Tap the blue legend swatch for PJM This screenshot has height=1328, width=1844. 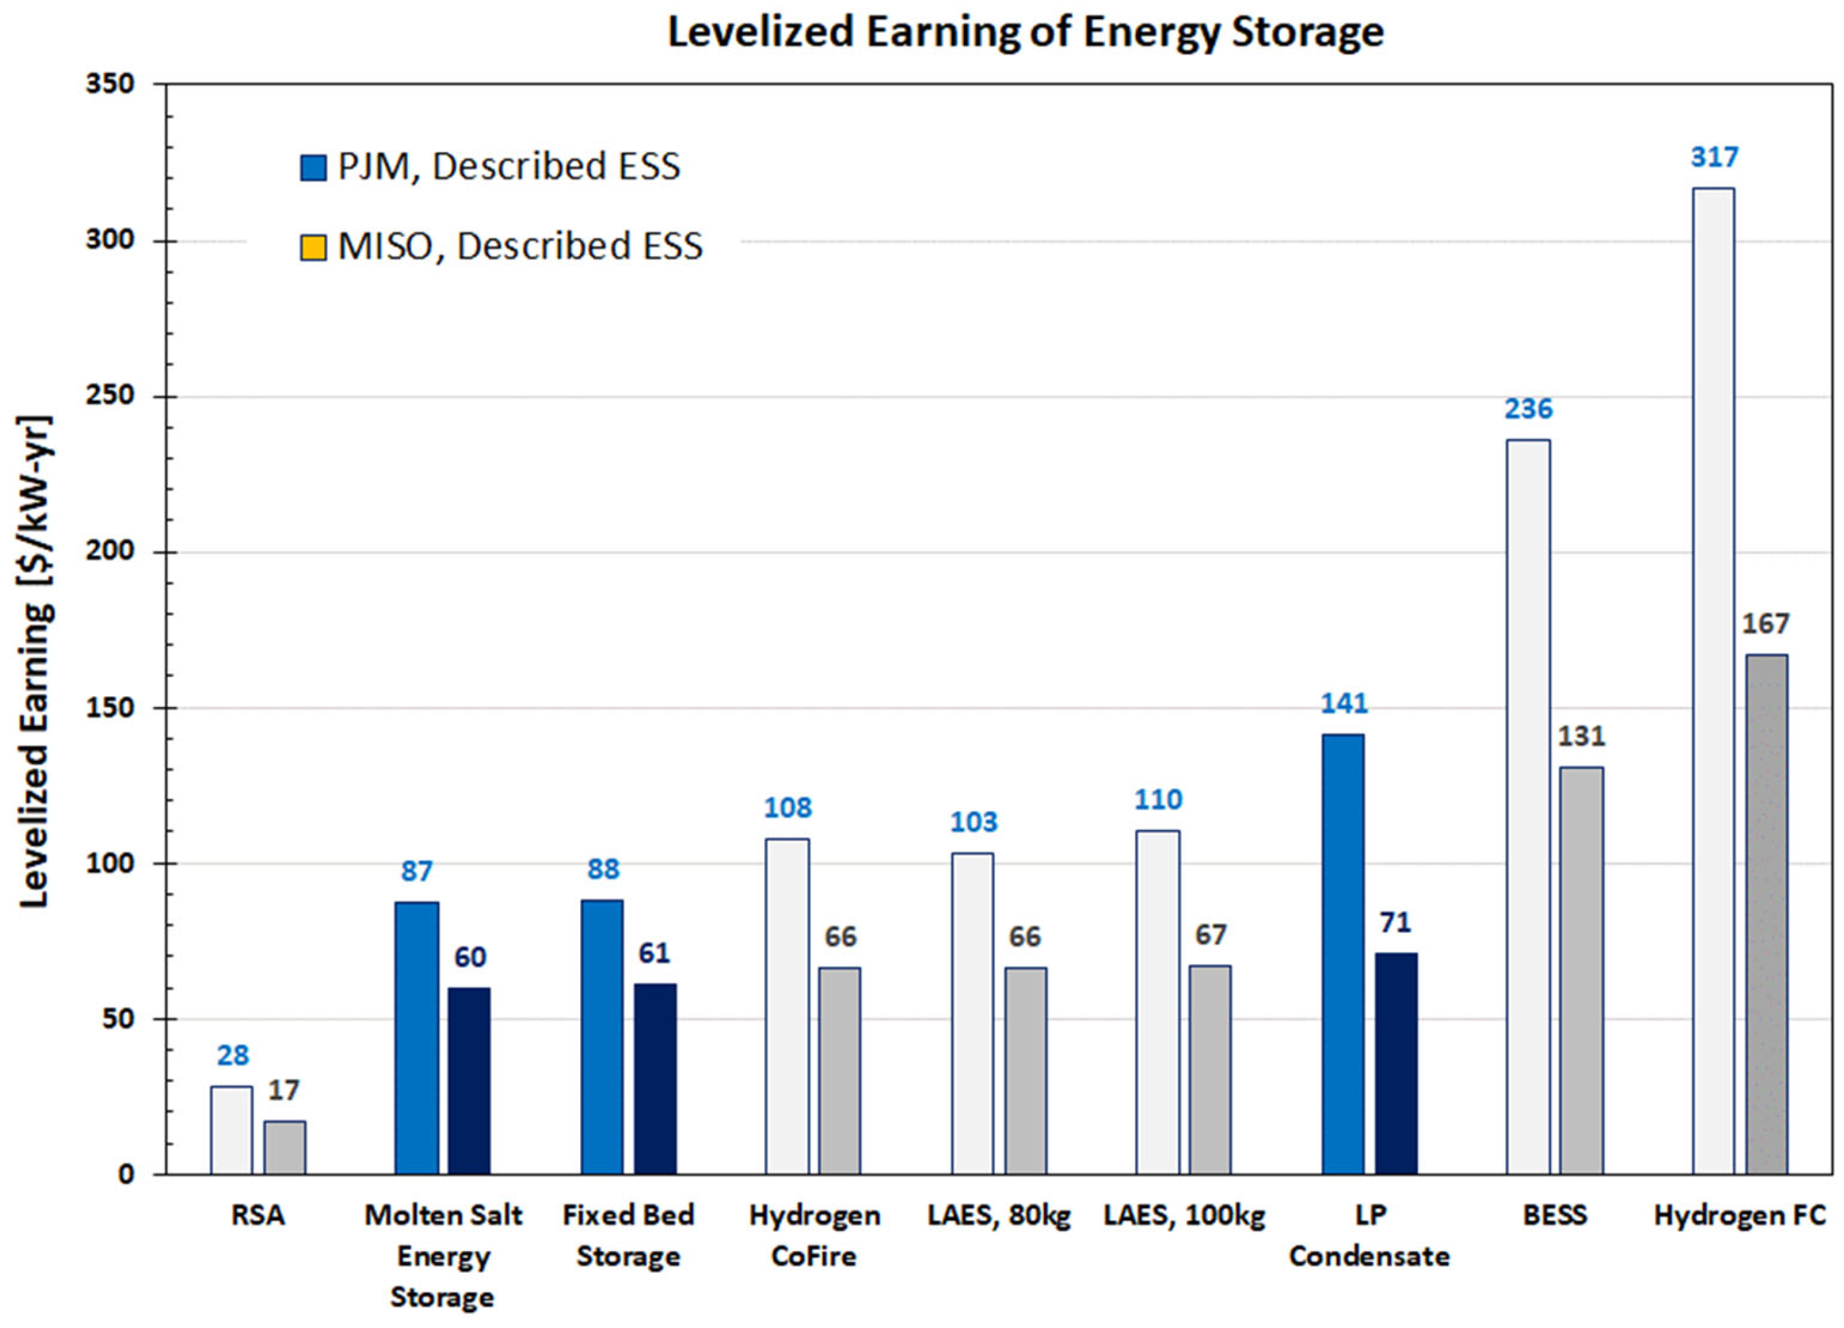coord(313,168)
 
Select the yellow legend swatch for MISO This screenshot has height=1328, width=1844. coord(313,247)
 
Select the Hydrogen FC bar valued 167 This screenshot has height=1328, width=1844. coord(1766,915)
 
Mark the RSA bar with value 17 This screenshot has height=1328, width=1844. coord(285,1148)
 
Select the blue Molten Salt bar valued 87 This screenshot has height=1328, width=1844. coord(416,1038)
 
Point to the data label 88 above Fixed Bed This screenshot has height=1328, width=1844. coord(603,869)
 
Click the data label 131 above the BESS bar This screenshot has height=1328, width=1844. coord(1580,736)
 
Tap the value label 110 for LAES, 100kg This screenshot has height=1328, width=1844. coord(1158,800)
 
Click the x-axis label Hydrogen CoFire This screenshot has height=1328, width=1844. coord(814,1235)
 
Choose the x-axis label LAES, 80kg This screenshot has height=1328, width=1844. coord(998,1216)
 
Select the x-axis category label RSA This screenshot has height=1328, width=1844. coord(258,1216)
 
